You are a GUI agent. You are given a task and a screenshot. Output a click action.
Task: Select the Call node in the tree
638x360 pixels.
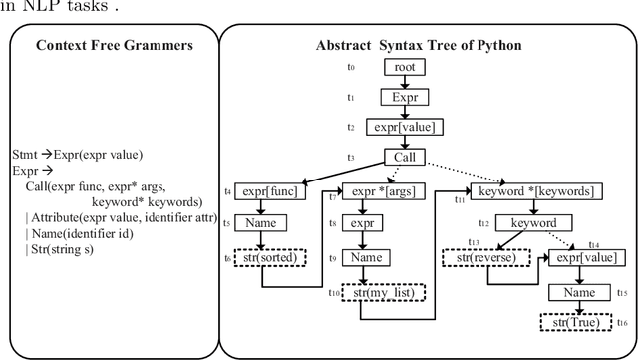(405, 157)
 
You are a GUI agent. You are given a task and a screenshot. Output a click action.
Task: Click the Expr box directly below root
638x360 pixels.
(405, 98)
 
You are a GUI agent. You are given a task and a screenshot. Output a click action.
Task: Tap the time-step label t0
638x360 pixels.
(350, 68)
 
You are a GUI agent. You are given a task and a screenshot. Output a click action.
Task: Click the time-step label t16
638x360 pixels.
(623, 322)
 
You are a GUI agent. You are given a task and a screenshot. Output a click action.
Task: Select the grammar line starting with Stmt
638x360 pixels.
(91, 155)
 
